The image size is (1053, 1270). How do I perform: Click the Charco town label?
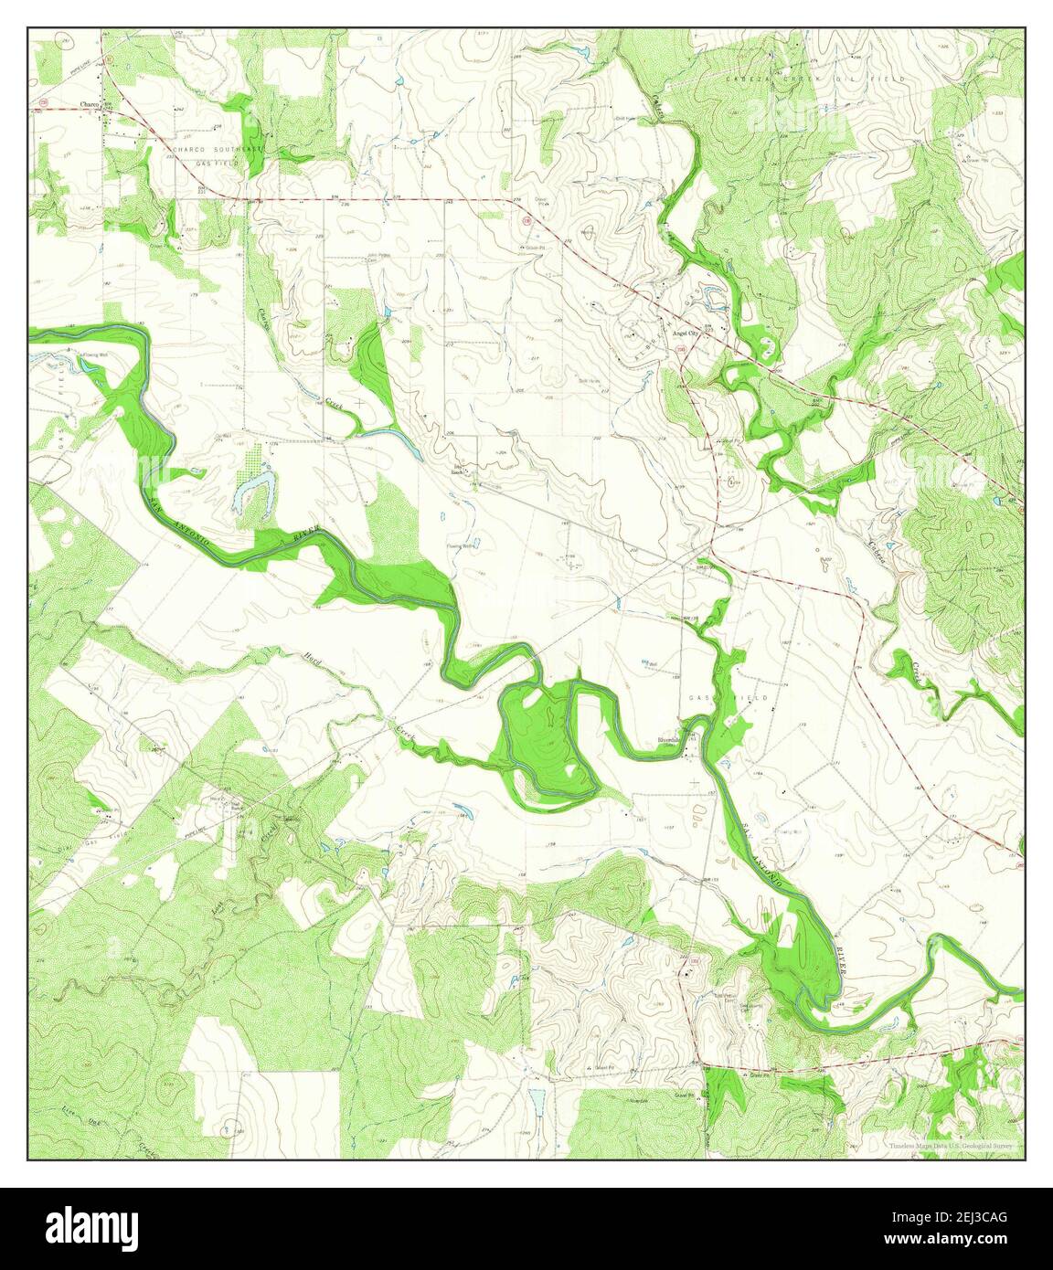pyautogui.click(x=89, y=103)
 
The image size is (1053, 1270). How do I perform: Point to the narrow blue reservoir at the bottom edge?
pyautogui.click(x=536, y=1100)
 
